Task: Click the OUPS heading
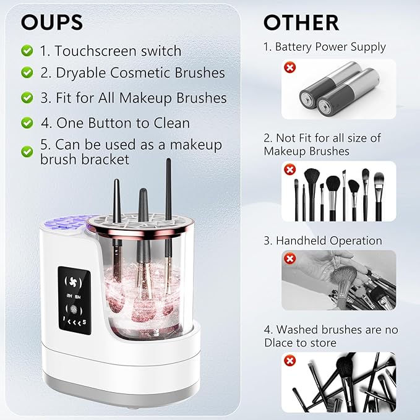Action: (52, 22)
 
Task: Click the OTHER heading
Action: (301, 22)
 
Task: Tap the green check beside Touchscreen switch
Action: (27, 49)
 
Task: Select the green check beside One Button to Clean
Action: (27, 122)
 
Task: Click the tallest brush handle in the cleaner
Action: (168, 186)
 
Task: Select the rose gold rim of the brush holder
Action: (133, 232)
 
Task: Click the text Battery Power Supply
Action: (329, 47)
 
